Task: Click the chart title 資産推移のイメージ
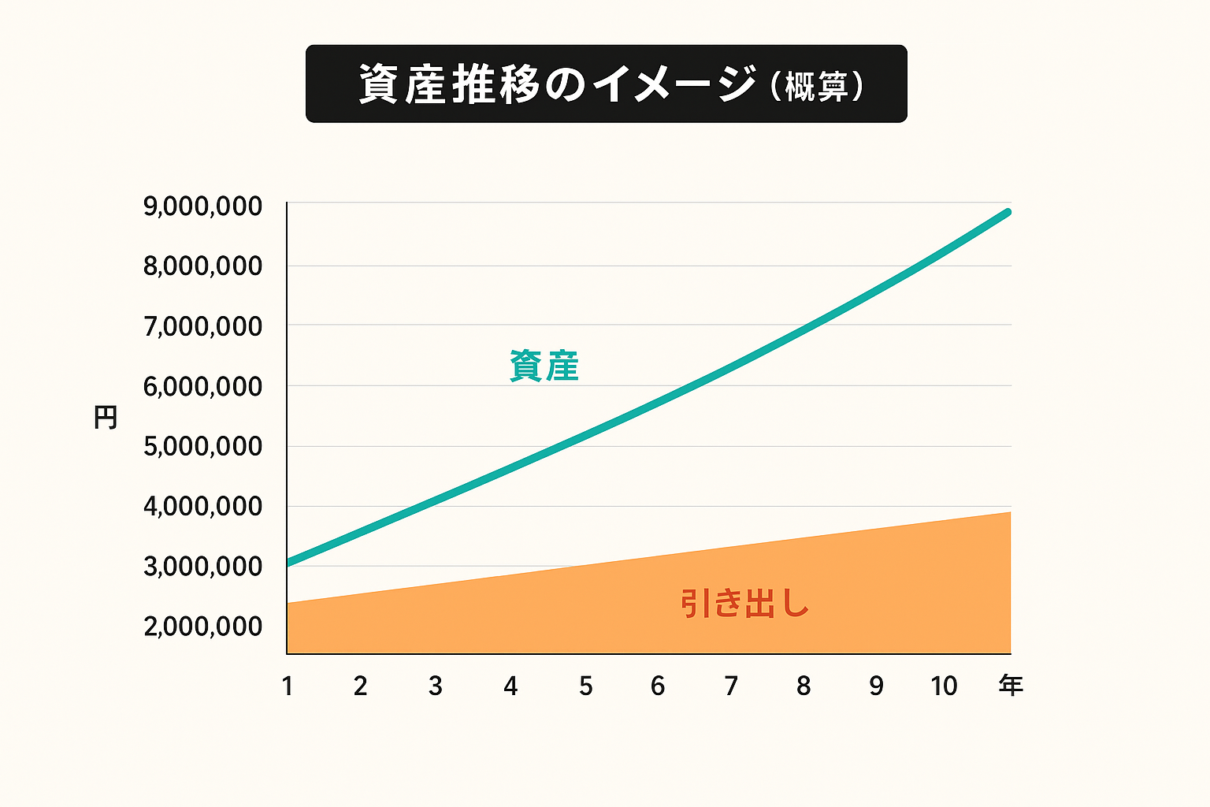tap(558, 84)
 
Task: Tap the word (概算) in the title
tap(816, 86)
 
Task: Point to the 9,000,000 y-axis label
tap(202, 206)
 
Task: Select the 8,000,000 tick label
tap(202, 266)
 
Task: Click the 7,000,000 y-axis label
tap(202, 326)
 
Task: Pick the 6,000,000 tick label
tap(202, 387)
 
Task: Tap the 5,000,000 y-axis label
tap(202, 446)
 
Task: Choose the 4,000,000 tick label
tap(202, 506)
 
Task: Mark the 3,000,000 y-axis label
tap(202, 566)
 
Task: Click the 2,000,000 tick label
tap(202, 627)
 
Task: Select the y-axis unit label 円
tap(106, 418)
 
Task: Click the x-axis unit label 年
tap(1011, 686)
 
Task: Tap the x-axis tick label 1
tap(288, 686)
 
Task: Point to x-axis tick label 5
tap(585, 686)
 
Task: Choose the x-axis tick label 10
tap(944, 686)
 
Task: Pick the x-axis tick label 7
tap(731, 686)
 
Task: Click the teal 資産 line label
tap(544, 366)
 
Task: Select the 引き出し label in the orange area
tap(744, 604)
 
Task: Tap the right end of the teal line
tap(1007, 212)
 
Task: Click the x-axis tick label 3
tap(435, 686)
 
